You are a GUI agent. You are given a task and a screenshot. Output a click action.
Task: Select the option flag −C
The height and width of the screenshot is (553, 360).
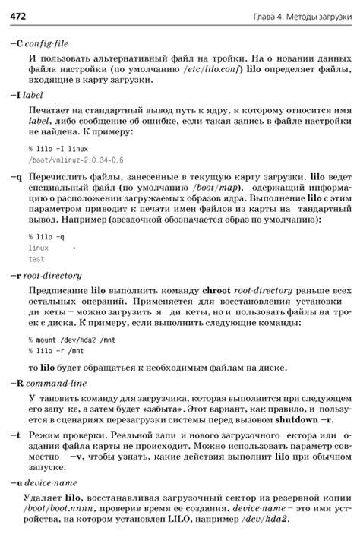(x=17, y=43)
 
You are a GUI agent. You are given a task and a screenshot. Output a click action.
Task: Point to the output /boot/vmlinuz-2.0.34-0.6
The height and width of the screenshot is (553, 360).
(x=75, y=160)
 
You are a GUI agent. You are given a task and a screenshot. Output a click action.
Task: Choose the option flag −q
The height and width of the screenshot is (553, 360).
(x=16, y=177)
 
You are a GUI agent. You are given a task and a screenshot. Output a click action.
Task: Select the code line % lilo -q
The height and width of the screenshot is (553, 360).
(x=46, y=236)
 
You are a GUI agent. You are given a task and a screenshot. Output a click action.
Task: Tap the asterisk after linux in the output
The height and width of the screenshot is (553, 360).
(x=74, y=248)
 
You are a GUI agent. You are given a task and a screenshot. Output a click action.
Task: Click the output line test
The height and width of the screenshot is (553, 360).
(x=36, y=259)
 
